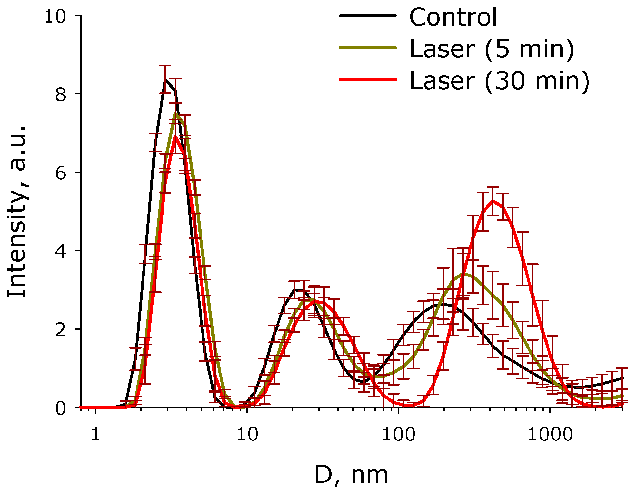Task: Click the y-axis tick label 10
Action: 55,16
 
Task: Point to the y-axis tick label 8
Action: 61,95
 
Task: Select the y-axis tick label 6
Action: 61,173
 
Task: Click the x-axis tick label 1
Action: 95,435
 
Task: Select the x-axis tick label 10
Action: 247,435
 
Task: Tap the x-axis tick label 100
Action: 398,435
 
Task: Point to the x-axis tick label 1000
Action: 550,435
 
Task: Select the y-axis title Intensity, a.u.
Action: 16,212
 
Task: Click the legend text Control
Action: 453,17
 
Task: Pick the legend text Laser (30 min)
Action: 499,81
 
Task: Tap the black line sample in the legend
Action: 368,15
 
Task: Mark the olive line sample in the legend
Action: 368,47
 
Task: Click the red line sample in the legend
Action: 368,79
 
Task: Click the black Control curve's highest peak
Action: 165,79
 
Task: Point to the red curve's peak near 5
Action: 493,201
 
